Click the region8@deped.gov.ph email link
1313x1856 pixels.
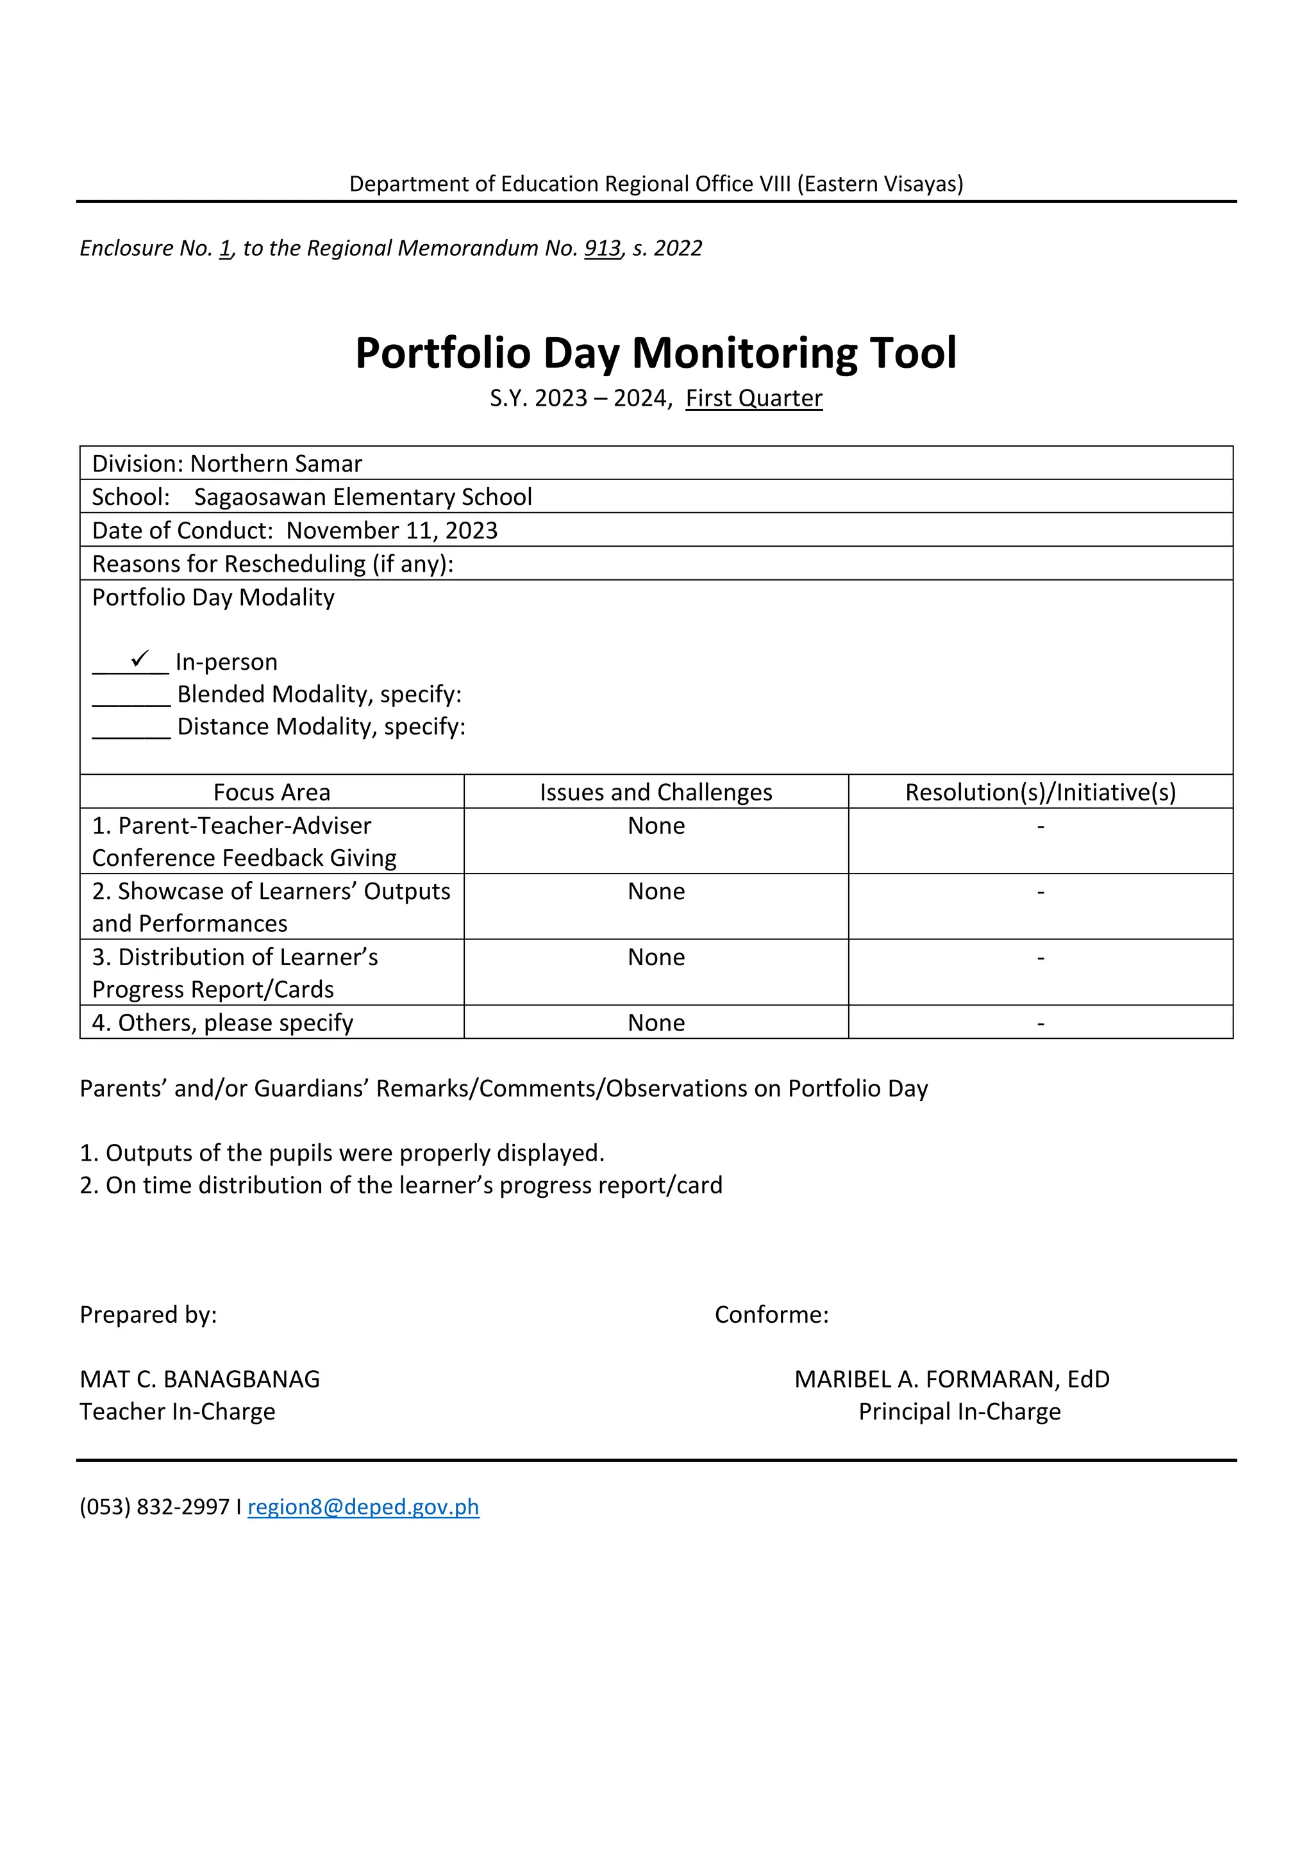click(x=363, y=1507)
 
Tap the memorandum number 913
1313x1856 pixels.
click(x=603, y=248)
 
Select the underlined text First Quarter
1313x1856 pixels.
click(x=753, y=399)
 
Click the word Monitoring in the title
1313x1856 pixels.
click(x=746, y=353)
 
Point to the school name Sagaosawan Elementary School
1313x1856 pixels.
click(x=363, y=497)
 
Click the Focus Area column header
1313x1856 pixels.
click(x=272, y=792)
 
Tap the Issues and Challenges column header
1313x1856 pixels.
click(x=656, y=792)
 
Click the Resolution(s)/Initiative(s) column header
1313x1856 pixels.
click(x=1040, y=792)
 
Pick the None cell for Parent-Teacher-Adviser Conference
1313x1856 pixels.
click(x=656, y=826)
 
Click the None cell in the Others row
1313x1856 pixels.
click(x=656, y=1023)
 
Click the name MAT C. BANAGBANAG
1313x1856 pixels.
click(x=199, y=1379)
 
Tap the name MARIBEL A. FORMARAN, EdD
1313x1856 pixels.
click(x=951, y=1379)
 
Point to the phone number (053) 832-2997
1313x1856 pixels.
click(x=155, y=1507)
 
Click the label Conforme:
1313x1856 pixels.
click(x=771, y=1314)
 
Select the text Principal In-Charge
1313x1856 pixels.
click(x=959, y=1411)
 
